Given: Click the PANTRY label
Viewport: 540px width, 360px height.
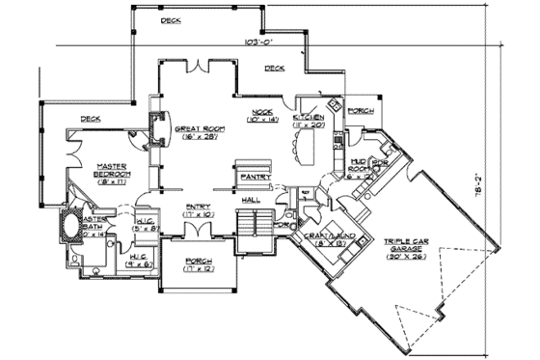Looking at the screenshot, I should click(x=256, y=178).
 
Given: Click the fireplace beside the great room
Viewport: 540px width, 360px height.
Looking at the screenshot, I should click(x=157, y=127).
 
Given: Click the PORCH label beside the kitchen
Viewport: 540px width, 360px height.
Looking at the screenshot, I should click(x=359, y=110).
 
